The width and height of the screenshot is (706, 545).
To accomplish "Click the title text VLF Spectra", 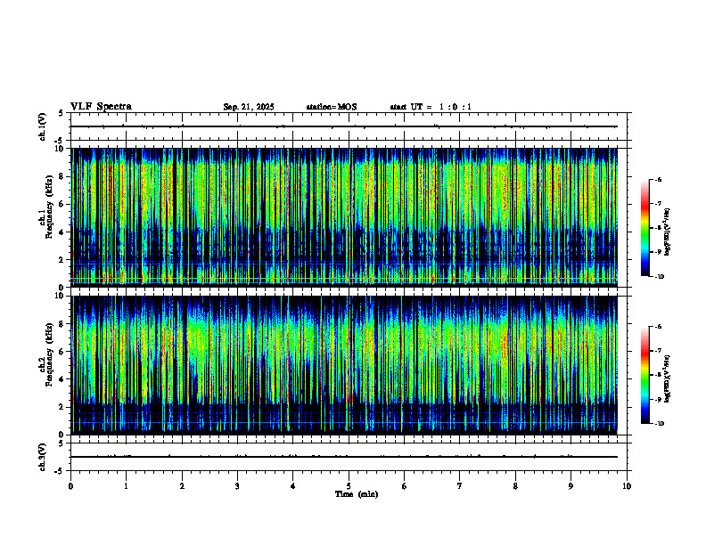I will [101, 107].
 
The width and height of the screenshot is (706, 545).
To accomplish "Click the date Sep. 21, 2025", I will [249, 107].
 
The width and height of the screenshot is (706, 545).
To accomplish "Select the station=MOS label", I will [332, 107].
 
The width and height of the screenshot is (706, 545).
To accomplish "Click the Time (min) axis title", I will [356, 494].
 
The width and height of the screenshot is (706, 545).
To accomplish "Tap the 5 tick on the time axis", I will [349, 486].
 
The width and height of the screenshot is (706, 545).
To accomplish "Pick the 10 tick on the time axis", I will [627, 486].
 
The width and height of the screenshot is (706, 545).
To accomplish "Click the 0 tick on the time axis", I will [71, 486].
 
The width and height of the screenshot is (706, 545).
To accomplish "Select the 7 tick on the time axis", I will [460, 486].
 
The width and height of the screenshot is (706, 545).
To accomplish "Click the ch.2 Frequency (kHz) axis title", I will [44, 364].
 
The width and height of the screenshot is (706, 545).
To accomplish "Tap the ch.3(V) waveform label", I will [44, 456].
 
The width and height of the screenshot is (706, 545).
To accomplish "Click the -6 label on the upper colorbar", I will [658, 180].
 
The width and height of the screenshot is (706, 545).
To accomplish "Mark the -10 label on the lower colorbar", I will [659, 424].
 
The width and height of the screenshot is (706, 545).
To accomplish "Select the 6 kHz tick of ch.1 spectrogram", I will [62, 204].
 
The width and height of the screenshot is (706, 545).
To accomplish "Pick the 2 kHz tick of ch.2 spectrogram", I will [62, 407].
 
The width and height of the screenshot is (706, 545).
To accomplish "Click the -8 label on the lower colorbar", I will [658, 376].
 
